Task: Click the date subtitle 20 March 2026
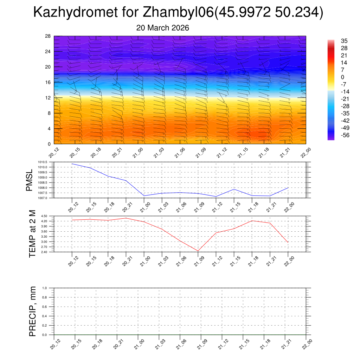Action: click(163, 28)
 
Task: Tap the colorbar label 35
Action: click(344, 41)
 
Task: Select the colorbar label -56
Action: click(345, 135)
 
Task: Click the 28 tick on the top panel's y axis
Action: click(48, 36)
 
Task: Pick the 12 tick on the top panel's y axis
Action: click(48, 98)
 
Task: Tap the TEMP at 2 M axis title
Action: click(32, 234)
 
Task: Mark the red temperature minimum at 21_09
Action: click(198, 251)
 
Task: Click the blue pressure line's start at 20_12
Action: click(72, 164)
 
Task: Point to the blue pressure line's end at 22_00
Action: click(288, 188)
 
